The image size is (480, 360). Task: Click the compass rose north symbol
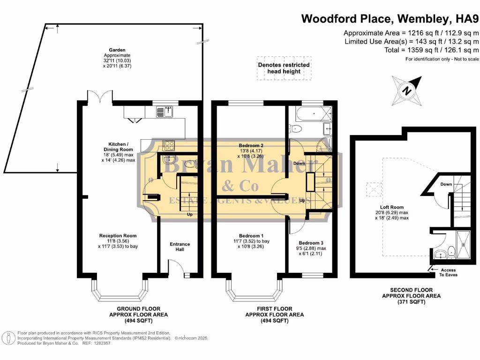coord(407,89)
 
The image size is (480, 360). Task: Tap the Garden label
coord(117,50)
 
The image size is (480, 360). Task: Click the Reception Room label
coord(118,236)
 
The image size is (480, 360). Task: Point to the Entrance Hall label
coord(180,247)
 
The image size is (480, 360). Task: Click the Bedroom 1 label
coord(251,236)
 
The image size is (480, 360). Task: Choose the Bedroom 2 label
coord(251,146)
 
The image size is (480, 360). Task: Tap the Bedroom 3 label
coord(312,242)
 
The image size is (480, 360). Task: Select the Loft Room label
coord(391,207)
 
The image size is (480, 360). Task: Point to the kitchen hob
coord(168,145)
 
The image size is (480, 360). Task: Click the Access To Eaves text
coord(448,272)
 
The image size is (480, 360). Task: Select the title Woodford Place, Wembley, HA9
coord(390,19)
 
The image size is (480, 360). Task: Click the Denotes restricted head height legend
coord(284,68)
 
